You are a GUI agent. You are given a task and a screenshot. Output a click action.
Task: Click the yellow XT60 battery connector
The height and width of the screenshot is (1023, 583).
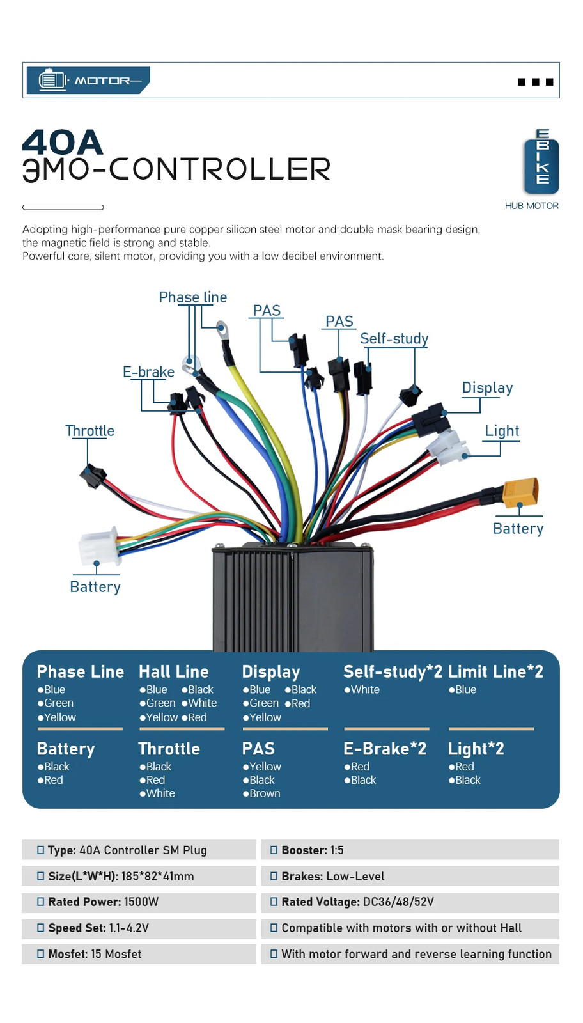pos(520,491)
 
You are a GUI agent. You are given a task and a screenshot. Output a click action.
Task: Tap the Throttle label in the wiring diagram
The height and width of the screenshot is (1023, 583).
pos(90,431)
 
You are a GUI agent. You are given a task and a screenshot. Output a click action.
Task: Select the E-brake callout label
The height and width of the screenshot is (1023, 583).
pos(148,371)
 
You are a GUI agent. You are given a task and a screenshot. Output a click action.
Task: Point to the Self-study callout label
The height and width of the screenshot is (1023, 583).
pos(394,338)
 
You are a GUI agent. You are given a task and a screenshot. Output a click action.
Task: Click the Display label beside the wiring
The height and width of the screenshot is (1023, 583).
pos(487,387)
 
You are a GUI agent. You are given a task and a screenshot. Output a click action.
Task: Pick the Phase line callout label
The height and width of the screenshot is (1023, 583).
pos(192,297)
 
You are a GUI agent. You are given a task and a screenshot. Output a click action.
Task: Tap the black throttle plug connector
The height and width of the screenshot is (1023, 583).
pos(93,476)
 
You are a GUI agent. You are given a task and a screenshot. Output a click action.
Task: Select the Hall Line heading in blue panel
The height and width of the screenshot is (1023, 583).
pos(173,671)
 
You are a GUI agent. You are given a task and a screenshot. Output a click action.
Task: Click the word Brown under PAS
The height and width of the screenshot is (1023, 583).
pos(265,793)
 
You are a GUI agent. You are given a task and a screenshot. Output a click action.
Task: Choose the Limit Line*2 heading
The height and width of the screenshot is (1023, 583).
pos(495,671)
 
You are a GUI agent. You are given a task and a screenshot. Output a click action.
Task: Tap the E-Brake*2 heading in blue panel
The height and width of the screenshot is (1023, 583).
pos(385,749)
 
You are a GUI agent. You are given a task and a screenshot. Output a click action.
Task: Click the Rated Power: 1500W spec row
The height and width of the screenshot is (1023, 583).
pos(139,902)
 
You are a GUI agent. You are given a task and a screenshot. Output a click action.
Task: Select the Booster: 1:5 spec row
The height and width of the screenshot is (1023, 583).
pos(410,850)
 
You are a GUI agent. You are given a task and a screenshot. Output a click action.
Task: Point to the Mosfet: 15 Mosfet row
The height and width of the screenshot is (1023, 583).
pos(139,954)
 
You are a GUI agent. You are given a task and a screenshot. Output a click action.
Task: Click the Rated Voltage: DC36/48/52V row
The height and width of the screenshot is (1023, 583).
pos(410,902)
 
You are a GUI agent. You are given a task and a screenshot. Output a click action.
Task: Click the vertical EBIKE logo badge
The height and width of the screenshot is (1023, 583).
pos(541,162)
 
